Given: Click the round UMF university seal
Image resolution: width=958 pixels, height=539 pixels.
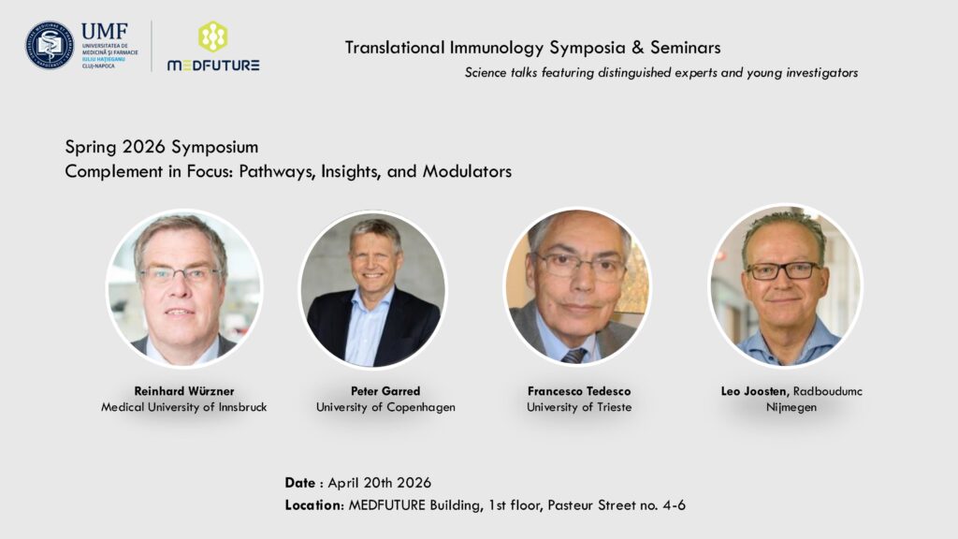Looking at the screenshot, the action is (50, 45).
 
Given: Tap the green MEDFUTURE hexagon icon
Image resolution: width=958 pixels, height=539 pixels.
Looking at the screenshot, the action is (212, 36).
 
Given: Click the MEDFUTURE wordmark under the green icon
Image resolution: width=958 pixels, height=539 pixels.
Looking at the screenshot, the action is (213, 66).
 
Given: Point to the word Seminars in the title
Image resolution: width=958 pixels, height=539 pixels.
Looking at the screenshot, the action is (686, 48).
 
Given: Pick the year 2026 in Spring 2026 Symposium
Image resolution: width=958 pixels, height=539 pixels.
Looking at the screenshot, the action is (143, 147).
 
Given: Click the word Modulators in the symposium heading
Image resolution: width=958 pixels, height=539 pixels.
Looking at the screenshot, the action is (468, 171).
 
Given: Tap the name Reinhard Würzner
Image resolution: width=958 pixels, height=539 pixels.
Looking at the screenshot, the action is (184, 391).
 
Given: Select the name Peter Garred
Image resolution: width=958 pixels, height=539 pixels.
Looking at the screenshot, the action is (385, 391).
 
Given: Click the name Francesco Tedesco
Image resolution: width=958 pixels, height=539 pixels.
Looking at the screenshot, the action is (579, 391).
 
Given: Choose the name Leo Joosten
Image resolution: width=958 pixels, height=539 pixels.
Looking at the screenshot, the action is (755, 392).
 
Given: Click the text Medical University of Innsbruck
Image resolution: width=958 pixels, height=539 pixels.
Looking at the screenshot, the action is (184, 407).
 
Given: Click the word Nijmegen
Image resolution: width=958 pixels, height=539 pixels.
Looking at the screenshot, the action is (791, 408).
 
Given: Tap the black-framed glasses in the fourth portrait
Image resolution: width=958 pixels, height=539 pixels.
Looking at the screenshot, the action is (783, 270).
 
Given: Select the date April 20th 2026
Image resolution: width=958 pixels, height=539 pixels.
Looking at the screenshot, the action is (380, 483).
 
